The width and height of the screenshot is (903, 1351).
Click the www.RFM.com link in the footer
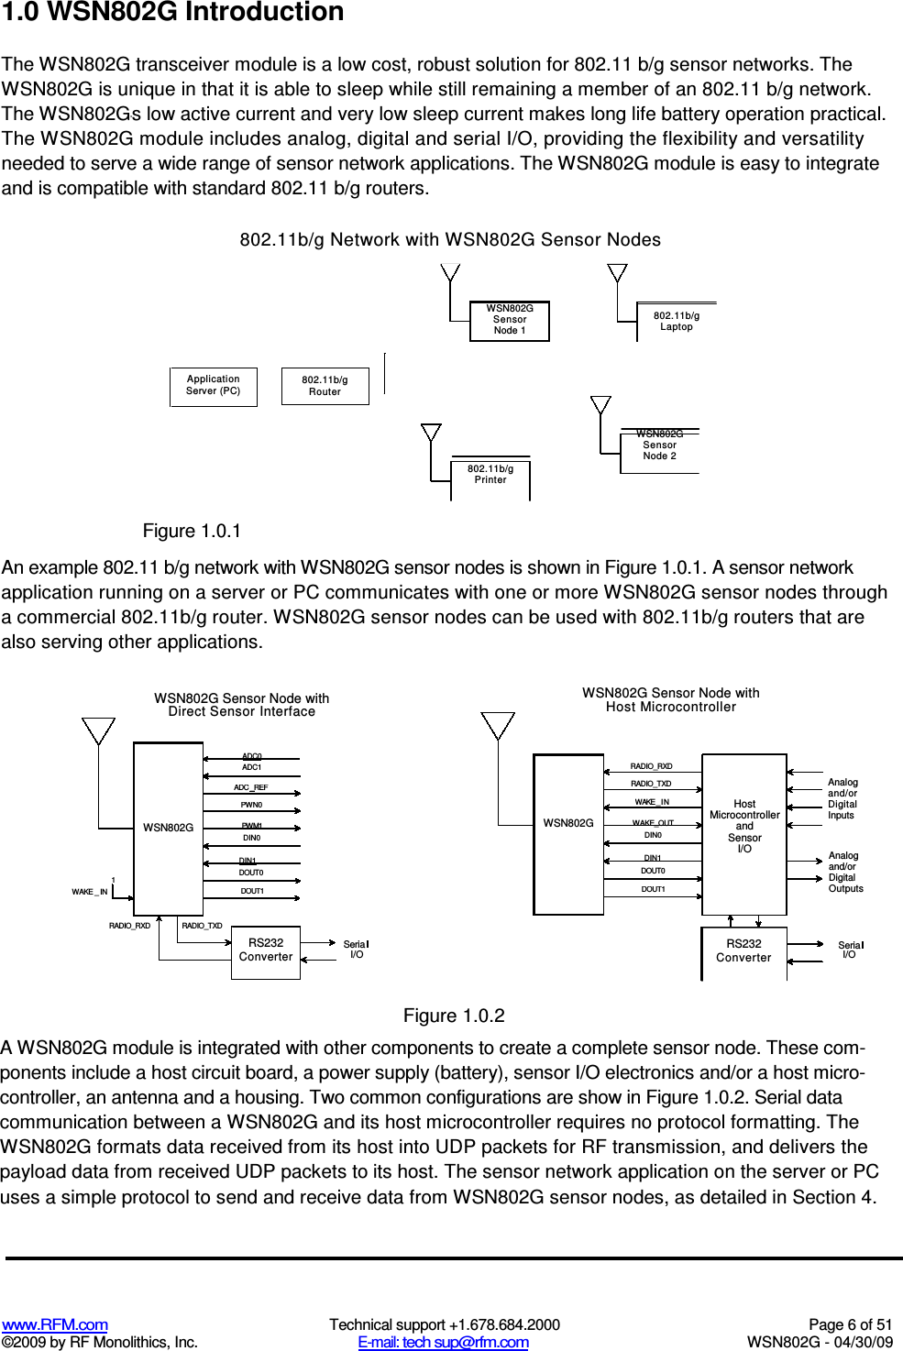click(x=55, y=1324)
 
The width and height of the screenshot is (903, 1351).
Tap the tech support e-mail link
click(x=443, y=1342)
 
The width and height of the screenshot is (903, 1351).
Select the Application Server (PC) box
click(x=214, y=386)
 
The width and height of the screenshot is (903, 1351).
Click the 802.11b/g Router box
click(x=325, y=386)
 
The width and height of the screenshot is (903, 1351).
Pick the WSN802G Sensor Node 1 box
click(x=510, y=321)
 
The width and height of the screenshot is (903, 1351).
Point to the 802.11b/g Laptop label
click(x=677, y=322)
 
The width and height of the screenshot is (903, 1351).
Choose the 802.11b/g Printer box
click(x=490, y=476)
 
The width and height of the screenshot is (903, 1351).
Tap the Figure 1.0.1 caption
click(x=192, y=532)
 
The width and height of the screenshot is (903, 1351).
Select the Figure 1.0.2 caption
click(x=454, y=1016)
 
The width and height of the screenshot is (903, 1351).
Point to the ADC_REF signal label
click(x=250, y=787)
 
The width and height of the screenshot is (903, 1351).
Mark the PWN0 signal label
click(x=251, y=805)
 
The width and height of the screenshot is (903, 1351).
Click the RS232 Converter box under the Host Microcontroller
click(x=743, y=951)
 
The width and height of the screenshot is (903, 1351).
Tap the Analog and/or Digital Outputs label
click(x=845, y=872)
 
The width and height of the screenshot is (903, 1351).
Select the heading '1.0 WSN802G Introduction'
click(x=173, y=13)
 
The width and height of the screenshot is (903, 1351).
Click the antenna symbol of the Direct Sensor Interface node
click(x=98, y=730)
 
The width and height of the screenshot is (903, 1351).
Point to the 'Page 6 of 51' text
click(x=850, y=1324)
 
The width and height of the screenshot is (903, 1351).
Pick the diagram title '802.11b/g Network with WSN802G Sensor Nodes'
click(x=450, y=240)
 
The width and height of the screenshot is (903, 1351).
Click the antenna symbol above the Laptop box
click(x=618, y=273)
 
